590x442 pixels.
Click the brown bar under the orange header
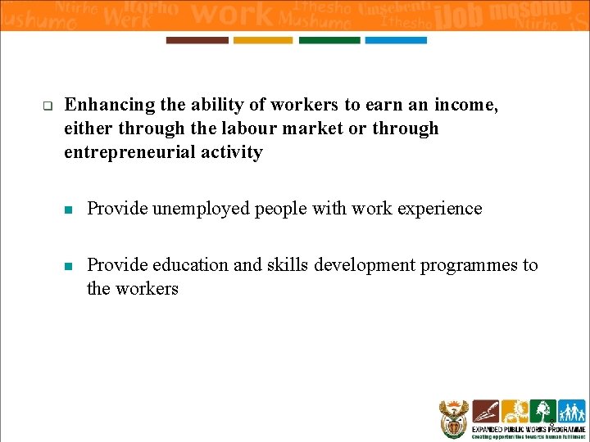pos(197,40)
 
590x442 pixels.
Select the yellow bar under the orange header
pos(262,40)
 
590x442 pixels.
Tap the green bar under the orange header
pos(329,40)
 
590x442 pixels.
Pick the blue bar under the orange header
pos(395,40)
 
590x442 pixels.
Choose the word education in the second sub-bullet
pos(202,265)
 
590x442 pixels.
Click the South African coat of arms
pos(453,419)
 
